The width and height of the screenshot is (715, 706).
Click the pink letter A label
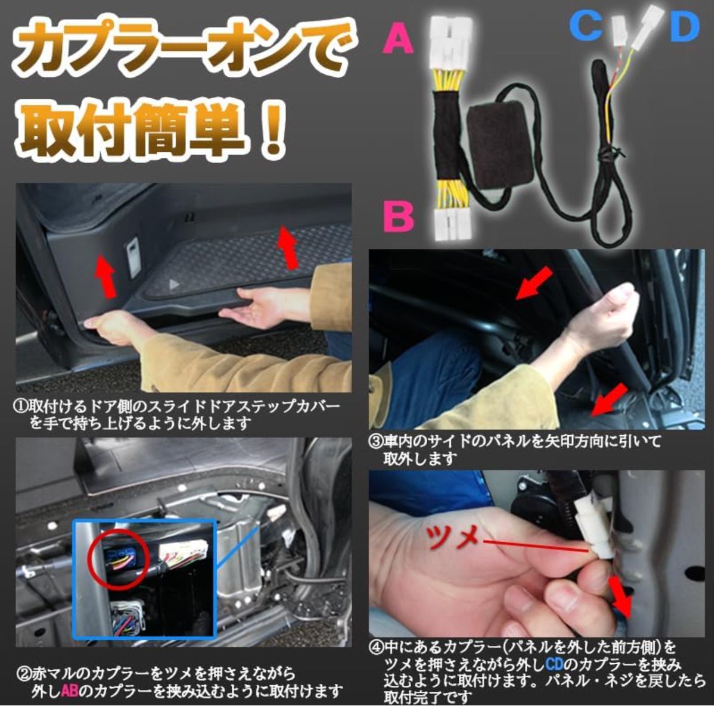pos(399,39)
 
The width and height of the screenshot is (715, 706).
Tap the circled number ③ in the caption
pos(376,442)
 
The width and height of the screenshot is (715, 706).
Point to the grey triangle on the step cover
pos(173,284)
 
